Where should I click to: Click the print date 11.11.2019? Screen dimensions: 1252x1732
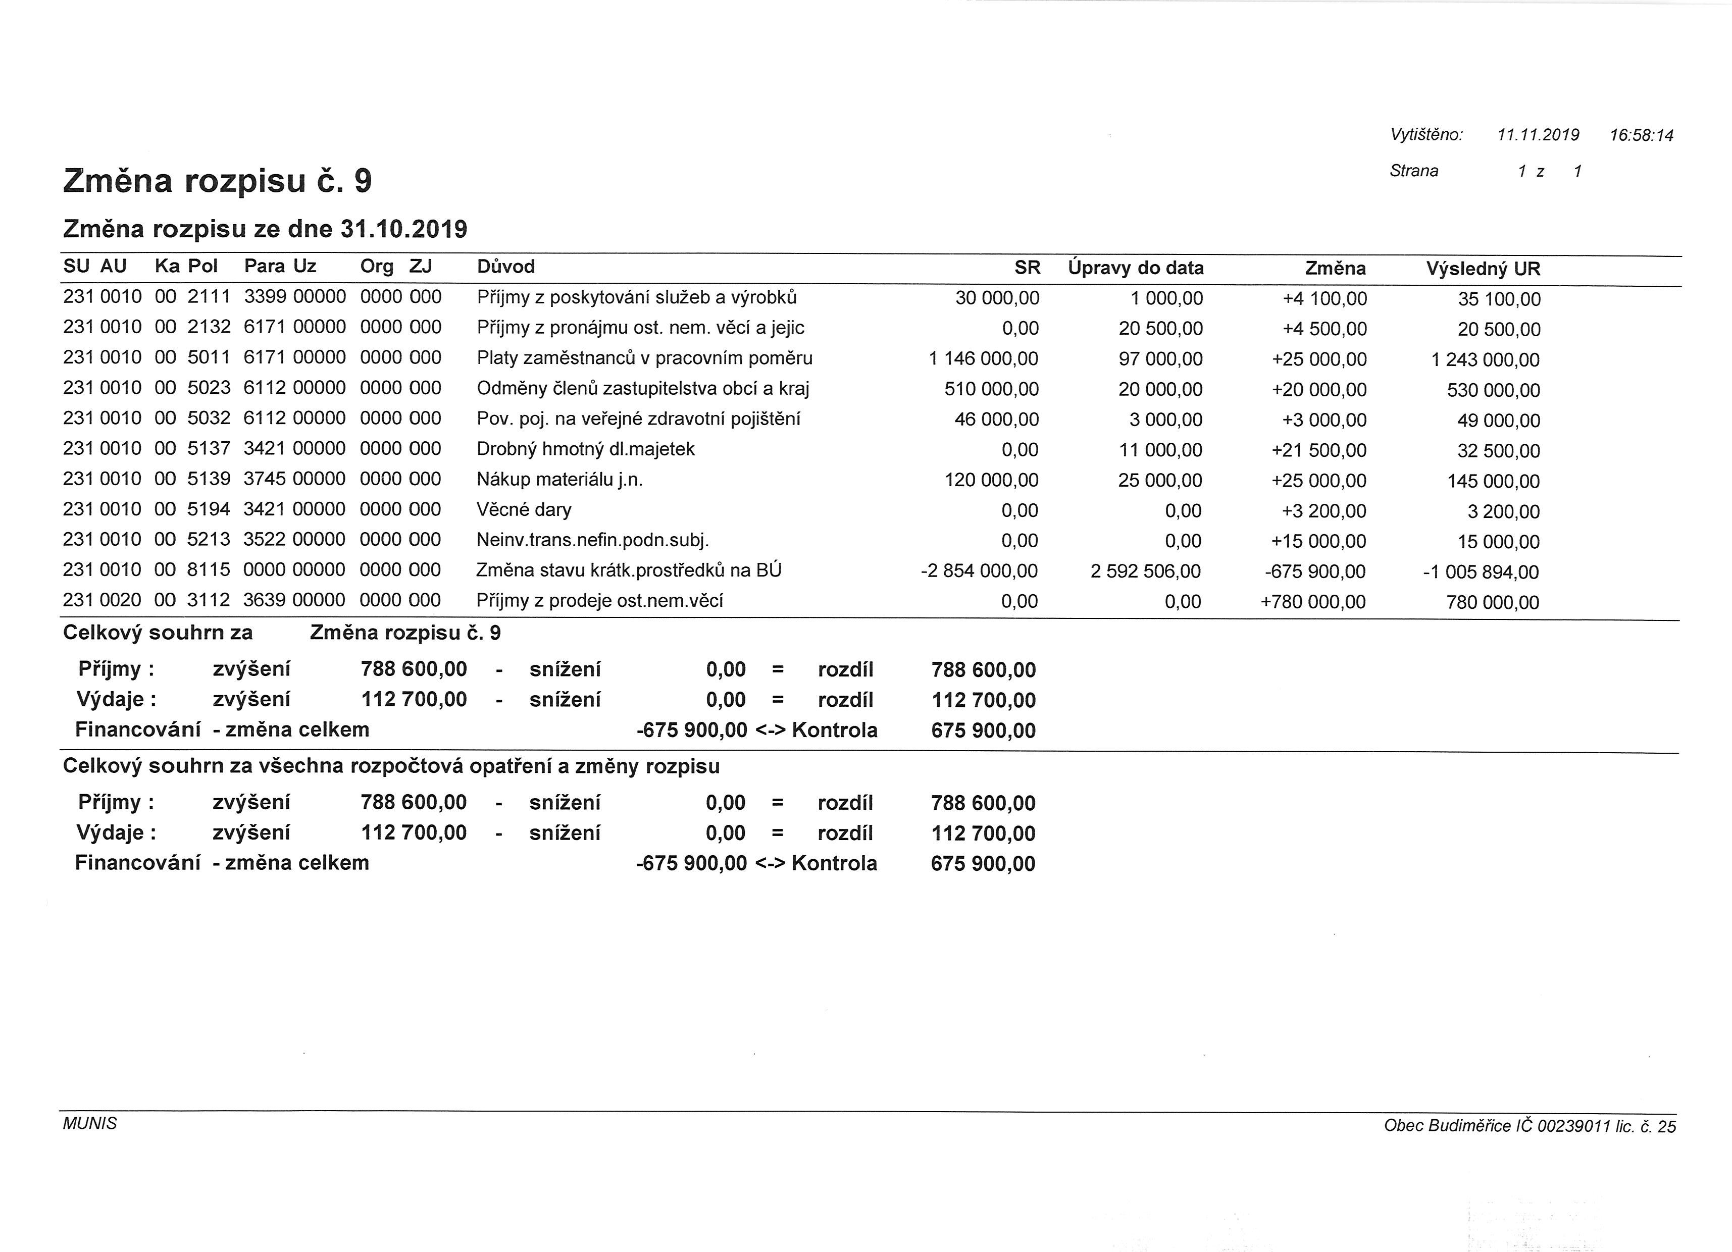1538,135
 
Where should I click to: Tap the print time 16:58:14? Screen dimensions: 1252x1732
1641,136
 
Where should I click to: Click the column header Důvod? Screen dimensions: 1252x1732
505,267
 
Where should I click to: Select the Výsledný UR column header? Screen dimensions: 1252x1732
1483,269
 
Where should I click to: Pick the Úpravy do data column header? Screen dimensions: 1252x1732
1136,268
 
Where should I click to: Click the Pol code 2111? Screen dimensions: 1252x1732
209,297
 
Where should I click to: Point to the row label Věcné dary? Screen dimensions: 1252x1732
524,510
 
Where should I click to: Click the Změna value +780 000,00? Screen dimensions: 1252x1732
1313,602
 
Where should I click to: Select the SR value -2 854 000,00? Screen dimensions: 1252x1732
979,571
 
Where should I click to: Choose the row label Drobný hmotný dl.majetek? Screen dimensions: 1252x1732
586,449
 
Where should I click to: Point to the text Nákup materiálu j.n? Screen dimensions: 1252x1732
560,480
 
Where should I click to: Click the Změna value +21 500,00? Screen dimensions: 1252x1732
1319,450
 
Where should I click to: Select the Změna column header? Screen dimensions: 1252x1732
1335,268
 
